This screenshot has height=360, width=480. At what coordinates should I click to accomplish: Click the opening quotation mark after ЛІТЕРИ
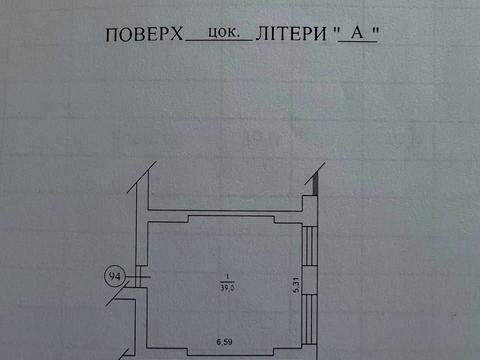pyautogui.click(x=337, y=30)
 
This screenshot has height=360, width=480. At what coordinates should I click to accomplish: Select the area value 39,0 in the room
pyautogui.click(x=228, y=288)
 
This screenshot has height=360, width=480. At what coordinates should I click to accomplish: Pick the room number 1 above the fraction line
pyautogui.click(x=228, y=277)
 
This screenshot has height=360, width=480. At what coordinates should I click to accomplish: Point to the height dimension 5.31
pyautogui.click(x=297, y=286)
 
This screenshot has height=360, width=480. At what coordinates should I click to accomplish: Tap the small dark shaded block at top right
pyautogui.click(x=316, y=183)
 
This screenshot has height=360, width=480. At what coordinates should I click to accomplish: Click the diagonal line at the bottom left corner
pyautogui.click(x=122, y=352)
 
